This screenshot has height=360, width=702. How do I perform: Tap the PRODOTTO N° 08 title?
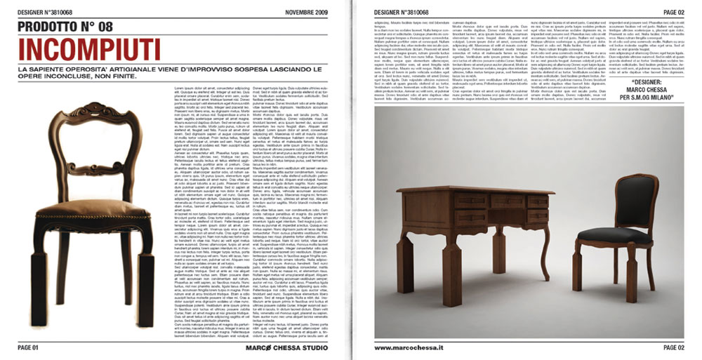coord(74,27)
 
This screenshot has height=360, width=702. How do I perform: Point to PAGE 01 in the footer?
coord(32,347)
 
